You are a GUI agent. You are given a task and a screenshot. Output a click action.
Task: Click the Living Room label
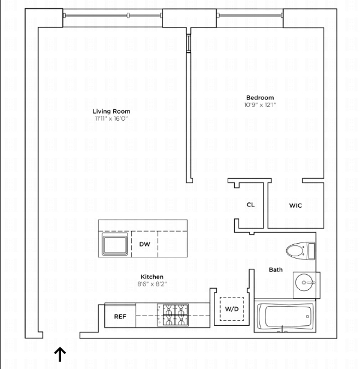click(x=111, y=111)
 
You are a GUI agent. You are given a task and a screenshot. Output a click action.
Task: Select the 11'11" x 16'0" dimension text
click(x=111, y=119)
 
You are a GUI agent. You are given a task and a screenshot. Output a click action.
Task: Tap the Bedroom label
click(x=260, y=97)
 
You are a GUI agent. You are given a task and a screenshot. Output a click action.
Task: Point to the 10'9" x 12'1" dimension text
click(x=260, y=105)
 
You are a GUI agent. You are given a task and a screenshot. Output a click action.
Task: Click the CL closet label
click(x=251, y=205)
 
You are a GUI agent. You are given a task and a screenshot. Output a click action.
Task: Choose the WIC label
click(x=295, y=205)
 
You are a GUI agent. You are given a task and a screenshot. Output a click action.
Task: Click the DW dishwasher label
click(x=144, y=245)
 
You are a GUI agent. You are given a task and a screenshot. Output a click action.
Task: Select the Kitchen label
click(x=152, y=277)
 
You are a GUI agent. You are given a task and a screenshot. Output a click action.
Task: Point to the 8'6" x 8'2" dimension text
click(x=152, y=284)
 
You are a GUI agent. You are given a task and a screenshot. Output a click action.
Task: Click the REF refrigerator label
click(x=120, y=316)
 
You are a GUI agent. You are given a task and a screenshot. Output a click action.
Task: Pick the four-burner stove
click(x=172, y=315)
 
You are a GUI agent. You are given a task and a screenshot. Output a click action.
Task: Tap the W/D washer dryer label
click(x=231, y=310)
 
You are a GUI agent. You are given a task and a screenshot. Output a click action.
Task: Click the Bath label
click(x=276, y=270)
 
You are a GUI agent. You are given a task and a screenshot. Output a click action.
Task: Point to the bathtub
click(x=285, y=317)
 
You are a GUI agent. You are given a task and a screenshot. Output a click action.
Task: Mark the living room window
click(x=112, y=15)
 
